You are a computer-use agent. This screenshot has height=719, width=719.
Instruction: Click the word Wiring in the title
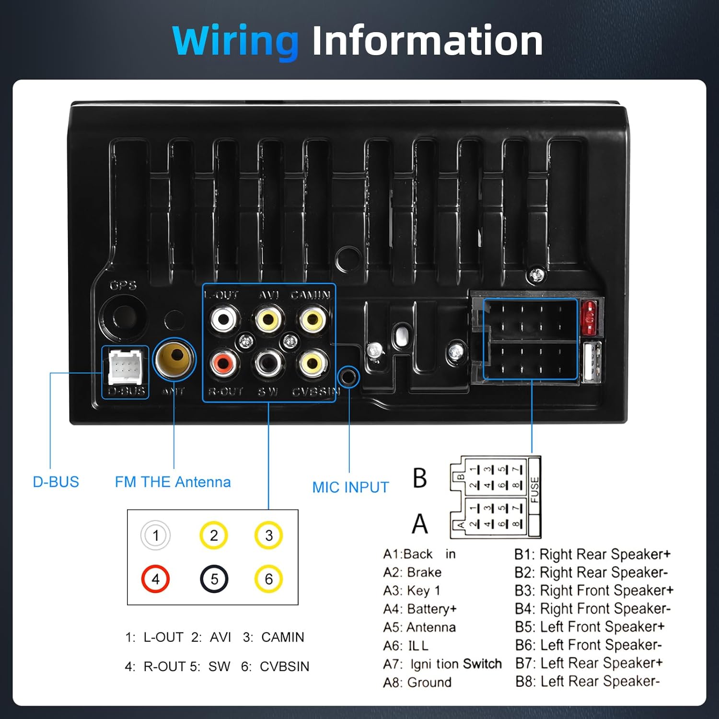click(x=235, y=42)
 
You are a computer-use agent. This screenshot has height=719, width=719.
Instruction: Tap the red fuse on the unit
click(x=589, y=317)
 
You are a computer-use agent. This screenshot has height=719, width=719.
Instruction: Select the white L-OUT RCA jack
click(x=224, y=318)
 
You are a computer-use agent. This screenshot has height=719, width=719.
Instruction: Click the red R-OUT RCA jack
click(x=223, y=364)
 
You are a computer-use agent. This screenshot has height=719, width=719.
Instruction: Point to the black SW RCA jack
click(x=268, y=363)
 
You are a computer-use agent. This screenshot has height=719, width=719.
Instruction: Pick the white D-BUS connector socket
click(x=125, y=367)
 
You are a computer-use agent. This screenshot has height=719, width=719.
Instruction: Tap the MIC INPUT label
click(x=350, y=487)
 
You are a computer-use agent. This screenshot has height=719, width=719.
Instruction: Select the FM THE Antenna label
click(x=173, y=482)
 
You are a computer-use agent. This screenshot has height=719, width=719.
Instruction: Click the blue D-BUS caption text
click(x=56, y=482)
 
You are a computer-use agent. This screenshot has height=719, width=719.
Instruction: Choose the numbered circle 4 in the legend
click(x=155, y=579)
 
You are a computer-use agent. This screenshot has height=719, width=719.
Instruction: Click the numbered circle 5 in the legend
click(x=214, y=579)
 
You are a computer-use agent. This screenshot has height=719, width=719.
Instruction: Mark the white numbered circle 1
click(x=155, y=535)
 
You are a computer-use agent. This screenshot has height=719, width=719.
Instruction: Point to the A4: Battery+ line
click(x=420, y=609)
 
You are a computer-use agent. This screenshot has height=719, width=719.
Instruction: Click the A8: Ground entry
click(x=417, y=682)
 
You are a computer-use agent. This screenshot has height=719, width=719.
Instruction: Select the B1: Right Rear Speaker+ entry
click(x=592, y=554)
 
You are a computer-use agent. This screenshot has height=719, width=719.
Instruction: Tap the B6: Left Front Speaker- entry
click(x=589, y=645)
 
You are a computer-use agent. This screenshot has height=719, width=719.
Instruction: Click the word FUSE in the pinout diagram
click(x=534, y=489)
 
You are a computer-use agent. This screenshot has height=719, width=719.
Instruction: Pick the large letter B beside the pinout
click(x=419, y=478)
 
